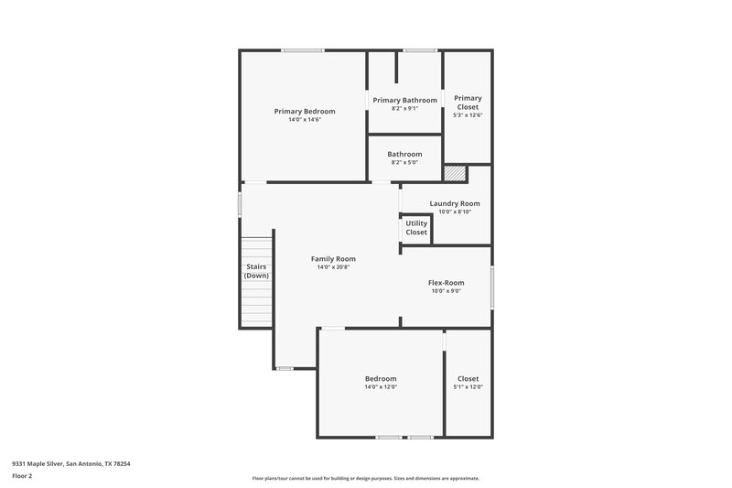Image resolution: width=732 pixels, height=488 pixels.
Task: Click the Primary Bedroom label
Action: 305,112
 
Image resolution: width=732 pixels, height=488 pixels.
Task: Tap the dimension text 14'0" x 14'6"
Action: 305,120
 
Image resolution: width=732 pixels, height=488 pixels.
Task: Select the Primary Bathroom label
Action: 404,100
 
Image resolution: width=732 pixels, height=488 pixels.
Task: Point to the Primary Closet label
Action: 468,103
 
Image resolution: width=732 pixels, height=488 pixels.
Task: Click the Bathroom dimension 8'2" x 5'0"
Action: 404,163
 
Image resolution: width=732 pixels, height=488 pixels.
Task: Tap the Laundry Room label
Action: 455,203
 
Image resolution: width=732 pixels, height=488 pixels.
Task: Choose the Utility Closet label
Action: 416,228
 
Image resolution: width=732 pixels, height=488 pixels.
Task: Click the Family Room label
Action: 333,259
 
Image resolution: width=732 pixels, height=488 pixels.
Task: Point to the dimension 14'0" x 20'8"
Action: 333,267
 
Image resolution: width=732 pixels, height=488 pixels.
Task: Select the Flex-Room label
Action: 447,283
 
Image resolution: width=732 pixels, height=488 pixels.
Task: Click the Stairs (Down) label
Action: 256,271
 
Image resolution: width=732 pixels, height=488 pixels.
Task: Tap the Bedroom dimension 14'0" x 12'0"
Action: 381,387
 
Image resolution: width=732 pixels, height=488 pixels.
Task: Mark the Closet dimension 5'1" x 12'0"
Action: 468,387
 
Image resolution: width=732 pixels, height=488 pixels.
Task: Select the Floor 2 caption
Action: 21,476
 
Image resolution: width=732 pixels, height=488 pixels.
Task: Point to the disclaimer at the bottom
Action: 365,478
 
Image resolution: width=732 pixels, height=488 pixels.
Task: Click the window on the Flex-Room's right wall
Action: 491,287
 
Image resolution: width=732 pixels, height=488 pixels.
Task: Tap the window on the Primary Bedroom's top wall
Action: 303,50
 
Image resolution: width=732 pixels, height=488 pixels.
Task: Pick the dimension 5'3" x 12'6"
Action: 468,115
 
